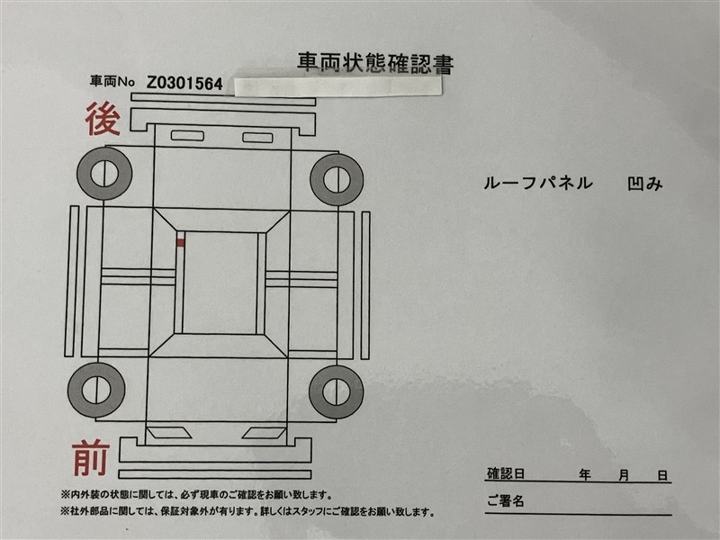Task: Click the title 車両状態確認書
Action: point(375,63)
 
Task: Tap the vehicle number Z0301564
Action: point(184,83)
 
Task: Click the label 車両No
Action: point(112,82)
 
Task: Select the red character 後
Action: point(103,119)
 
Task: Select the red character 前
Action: point(91,458)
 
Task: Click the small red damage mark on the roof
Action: point(181,242)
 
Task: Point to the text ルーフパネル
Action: point(537,184)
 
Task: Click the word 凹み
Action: point(645,184)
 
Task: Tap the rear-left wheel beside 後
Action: point(104,174)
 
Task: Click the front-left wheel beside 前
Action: point(96,390)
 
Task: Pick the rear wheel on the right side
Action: point(337,179)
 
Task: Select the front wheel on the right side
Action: point(337,391)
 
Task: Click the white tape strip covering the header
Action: point(338,86)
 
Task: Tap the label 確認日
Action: point(506,473)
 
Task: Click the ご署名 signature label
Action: point(506,500)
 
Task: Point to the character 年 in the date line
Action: point(584,474)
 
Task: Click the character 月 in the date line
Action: point(623,475)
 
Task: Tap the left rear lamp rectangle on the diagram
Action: point(187,136)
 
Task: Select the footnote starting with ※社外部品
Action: point(248,511)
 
